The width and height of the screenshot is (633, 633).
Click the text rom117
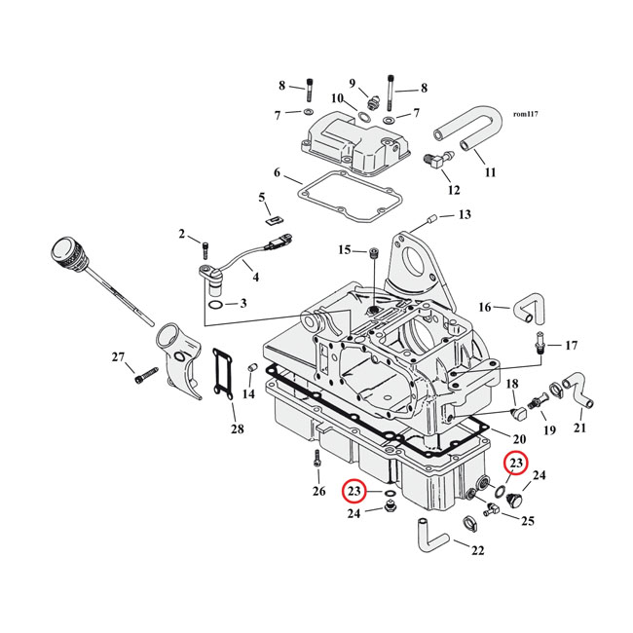(524, 114)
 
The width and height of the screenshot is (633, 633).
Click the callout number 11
(490, 172)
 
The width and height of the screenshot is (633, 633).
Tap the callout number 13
(464, 214)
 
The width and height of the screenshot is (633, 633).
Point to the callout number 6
(277, 173)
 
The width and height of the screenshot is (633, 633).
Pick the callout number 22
(477, 550)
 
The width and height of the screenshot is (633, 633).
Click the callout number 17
(571, 345)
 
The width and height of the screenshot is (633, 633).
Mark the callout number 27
(118, 357)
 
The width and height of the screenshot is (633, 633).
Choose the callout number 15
(344, 250)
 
